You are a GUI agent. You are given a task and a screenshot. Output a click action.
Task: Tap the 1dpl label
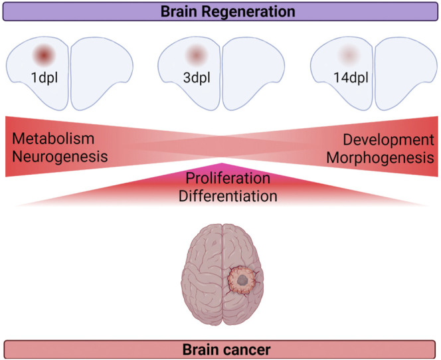(43, 77)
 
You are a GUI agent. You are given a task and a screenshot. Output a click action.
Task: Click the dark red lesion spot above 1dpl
(44, 53)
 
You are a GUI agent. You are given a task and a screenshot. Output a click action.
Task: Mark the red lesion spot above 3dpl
(196, 53)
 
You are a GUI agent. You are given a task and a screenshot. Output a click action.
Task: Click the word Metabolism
(52, 139)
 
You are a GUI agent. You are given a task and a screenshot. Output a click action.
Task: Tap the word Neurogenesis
(58, 157)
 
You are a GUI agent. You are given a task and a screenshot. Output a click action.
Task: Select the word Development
(389, 139)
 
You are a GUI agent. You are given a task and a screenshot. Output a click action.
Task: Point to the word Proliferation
(220, 179)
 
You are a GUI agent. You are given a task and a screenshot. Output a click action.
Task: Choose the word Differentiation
(222, 196)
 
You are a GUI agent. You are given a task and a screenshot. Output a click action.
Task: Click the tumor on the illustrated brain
(243, 282)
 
